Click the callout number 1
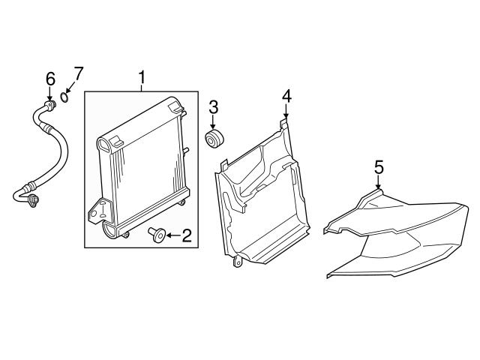[142, 78]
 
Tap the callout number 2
[187, 235]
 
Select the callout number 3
[213, 108]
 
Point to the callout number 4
[286, 96]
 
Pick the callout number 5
[379, 168]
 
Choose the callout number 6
[50, 79]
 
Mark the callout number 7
[78, 73]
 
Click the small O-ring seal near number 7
[64, 97]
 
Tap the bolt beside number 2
[157, 235]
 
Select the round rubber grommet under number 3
[214, 139]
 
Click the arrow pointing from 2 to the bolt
[173, 235]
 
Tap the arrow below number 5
[379, 183]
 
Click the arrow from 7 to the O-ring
[70, 88]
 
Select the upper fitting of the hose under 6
[50, 105]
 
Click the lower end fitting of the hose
[33, 200]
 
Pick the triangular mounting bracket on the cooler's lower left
[98, 209]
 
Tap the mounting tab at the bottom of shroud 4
[237, 262]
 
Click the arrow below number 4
[286, 112]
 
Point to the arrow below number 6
[50, 94]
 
